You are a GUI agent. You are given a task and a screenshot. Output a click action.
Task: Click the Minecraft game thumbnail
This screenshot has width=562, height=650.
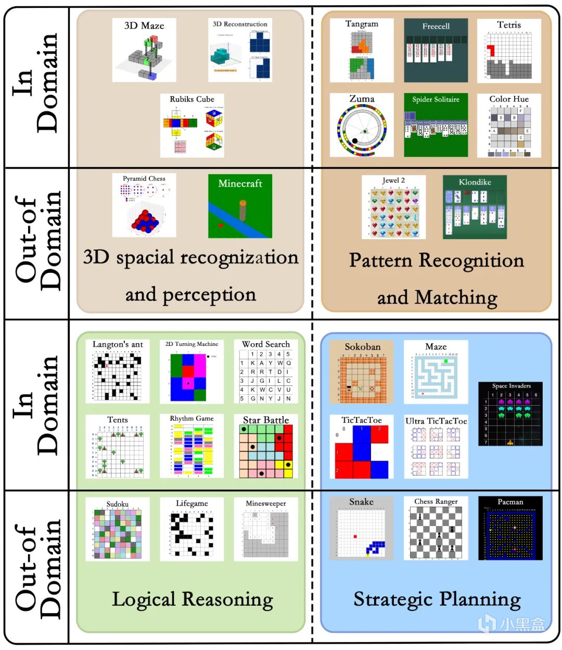[x=240, y=206]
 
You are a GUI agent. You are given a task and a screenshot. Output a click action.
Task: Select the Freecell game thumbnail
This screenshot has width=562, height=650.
[x=436, y=51]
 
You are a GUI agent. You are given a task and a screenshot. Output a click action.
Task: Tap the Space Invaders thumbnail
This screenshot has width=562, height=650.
[x=510, y=415]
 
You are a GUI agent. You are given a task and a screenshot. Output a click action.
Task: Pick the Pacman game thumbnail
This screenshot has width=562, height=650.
[x=510, y=528]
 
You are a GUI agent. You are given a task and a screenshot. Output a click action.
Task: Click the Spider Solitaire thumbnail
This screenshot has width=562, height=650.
[x=436, y=125]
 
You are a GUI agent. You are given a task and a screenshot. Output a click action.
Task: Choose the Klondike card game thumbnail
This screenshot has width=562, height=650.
[x=475, y=207]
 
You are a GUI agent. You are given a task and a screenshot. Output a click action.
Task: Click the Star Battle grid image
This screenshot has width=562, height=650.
[x=266, y=451]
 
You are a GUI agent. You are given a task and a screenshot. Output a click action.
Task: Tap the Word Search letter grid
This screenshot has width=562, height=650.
[x=266, y=376]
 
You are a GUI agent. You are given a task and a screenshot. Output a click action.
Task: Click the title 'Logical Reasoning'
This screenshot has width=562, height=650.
[x=192, y=599]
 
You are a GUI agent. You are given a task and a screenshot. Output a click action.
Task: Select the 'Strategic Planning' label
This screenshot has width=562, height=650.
[x=437, y=599]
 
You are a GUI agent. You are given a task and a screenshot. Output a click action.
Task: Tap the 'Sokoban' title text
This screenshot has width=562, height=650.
[x=362, y=347]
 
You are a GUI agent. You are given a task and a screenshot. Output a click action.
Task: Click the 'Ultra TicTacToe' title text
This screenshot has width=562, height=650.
[x=436, y=421]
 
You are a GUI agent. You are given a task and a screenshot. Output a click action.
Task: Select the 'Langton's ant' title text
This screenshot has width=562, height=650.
[x=118, y=344]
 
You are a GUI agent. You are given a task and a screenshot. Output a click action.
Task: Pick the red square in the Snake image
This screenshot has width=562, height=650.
[x=355, y=536]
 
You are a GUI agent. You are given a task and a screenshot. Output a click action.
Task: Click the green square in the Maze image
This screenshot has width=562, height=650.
[x=445, y=360]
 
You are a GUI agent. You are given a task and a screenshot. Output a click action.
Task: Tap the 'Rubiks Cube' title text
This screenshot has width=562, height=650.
[x=192, y=99]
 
